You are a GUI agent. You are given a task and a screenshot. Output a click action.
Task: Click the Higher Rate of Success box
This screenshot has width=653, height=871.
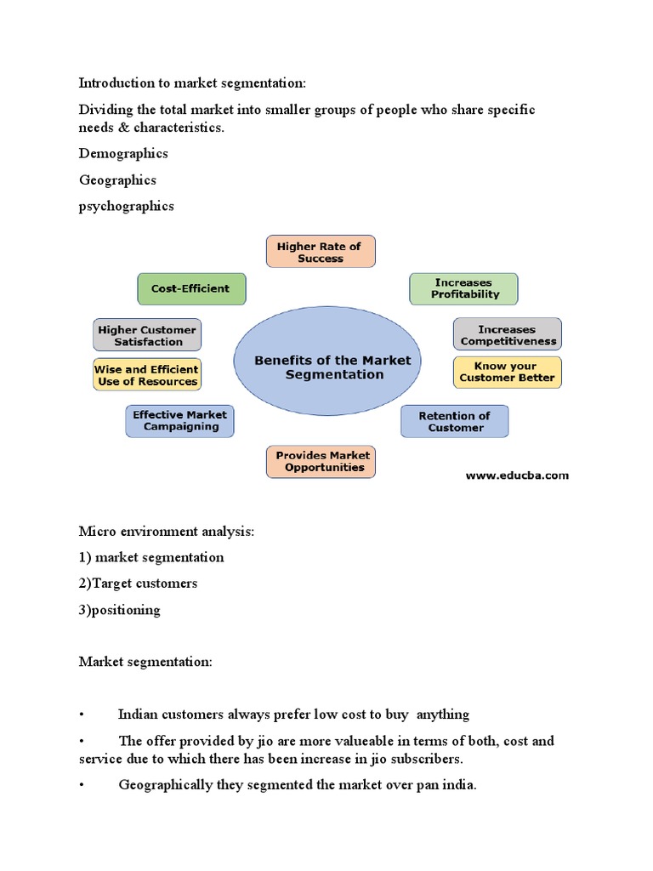pos(320,252)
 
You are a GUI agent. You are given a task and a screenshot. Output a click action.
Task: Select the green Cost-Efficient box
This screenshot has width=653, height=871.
pos(190,288)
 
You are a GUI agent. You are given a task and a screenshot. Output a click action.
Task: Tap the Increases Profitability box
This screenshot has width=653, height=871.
pos(464,288)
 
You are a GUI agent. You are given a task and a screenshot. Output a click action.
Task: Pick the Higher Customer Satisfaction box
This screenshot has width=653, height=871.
pos(147,335)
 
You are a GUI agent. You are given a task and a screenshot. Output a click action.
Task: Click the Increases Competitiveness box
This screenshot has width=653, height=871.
pos(508,335)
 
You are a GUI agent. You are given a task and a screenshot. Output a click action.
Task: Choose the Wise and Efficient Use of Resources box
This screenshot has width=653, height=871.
pos(147,375)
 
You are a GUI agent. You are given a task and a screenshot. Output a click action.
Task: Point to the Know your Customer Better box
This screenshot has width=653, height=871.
pos(508,372)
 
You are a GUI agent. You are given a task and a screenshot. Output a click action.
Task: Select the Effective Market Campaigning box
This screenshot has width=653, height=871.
pos(180,420)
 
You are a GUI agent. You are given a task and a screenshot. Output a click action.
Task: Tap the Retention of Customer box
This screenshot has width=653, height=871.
pos(455,421)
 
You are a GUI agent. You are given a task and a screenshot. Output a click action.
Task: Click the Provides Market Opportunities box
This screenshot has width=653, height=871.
pos(320,461)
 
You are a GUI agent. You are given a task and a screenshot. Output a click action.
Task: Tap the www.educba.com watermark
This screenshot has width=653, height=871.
pos(517,475)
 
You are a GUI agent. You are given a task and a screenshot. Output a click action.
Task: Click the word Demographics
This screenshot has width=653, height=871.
pos(123,153)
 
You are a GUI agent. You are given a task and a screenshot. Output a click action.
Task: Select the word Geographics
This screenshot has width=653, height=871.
pos(117,179)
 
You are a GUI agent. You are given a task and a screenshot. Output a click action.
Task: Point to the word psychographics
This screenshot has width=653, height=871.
pos(126,206)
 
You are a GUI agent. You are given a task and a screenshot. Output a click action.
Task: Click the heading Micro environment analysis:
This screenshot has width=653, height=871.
pos(167,532)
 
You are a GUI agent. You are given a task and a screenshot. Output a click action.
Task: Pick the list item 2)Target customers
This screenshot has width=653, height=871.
pos(138,584)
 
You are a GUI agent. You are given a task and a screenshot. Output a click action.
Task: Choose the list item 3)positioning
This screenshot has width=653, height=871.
pos(119,610)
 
